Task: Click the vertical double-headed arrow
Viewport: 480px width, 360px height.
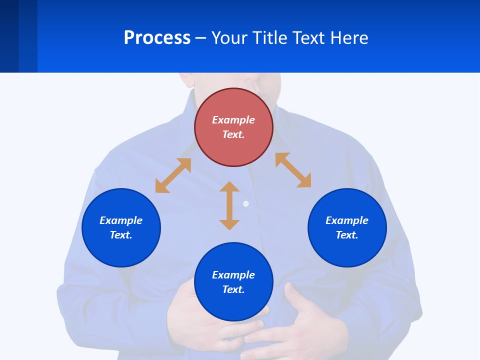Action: tap(229, 205)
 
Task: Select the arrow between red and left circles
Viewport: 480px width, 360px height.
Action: tap(173, 175)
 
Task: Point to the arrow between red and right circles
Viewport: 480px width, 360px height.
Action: tap(293, 170)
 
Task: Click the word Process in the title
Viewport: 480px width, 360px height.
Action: tap(157, 38)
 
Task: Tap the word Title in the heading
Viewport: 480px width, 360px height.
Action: tap(269, 38)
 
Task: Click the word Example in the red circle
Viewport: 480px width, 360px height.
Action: tap(233, 120)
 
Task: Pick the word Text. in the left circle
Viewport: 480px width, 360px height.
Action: tap(121, 235)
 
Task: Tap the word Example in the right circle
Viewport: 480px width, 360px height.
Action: tap(347, 220)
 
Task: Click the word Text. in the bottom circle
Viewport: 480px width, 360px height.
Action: tap(233, 289)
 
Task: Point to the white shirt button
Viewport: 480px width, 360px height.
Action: tap(245, 203)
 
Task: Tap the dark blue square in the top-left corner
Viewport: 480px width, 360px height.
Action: tap(9, 36)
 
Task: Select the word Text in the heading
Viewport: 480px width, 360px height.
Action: tap(308, 38)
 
